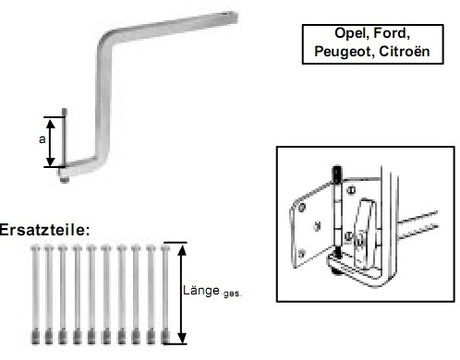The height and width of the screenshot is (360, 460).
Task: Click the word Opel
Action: pos(351,33)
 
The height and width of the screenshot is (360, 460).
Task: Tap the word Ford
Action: pos(390,33)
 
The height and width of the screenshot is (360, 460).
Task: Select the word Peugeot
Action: pos(342,52)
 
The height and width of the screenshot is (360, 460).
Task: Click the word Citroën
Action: pos(404,51)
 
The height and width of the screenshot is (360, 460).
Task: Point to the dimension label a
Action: pos(42,139)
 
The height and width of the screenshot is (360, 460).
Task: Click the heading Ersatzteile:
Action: pos(45,230)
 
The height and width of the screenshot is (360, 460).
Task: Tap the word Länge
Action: pos(201,291)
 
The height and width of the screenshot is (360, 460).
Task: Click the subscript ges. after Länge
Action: pos(232,294)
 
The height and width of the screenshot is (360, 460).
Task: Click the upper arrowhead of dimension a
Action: pos(50,124)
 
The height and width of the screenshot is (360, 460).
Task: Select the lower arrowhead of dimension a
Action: pos(50,161)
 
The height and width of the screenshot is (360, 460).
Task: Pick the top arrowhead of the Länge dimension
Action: pos(182,250)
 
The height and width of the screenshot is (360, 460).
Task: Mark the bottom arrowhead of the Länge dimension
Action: pos(182,338)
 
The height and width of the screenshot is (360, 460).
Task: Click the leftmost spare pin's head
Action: pos(35,248)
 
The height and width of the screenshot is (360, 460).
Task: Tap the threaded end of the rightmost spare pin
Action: pos(165,337)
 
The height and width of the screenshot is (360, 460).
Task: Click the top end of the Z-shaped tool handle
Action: pos(233,16)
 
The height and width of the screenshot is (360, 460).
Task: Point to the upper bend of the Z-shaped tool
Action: pos(106,39)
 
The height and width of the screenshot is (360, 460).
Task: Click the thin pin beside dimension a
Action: pos(64,137)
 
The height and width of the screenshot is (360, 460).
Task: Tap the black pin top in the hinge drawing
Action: pos(337,174)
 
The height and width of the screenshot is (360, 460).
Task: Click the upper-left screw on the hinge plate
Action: pos(302,208)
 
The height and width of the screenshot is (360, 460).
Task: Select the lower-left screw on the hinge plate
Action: pos(302,253)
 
